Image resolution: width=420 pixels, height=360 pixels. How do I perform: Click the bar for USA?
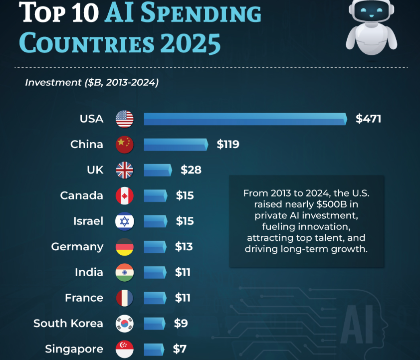tap(245, 119)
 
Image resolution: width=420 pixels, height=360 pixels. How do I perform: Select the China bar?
tap(176, 145)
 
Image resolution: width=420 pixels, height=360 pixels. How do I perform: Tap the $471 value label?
tap(368, 119)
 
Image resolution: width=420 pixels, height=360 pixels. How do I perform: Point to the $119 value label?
tap(228, 145)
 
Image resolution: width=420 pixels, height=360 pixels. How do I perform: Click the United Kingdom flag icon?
tap(125, 170)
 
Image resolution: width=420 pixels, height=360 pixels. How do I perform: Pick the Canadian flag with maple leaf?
tap(125, 196)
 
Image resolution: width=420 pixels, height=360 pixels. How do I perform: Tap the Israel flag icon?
tap(125, 221)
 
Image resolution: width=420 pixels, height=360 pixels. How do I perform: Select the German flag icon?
tap(125, 247)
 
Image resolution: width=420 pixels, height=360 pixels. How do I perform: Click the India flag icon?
tap(125, 272)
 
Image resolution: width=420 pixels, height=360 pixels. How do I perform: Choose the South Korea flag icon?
tap(125, 324)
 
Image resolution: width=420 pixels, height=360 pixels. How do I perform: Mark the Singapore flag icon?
tap(125, 349)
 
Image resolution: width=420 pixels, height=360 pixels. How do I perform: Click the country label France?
tap(84, 298)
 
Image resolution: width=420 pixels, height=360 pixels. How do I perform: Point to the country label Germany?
tap(77, 247)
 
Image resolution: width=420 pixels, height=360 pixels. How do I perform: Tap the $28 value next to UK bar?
tap(191, 170)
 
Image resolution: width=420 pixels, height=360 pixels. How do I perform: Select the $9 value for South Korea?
tap(181, 324)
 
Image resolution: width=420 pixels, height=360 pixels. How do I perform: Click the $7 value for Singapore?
tap(180, 349)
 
